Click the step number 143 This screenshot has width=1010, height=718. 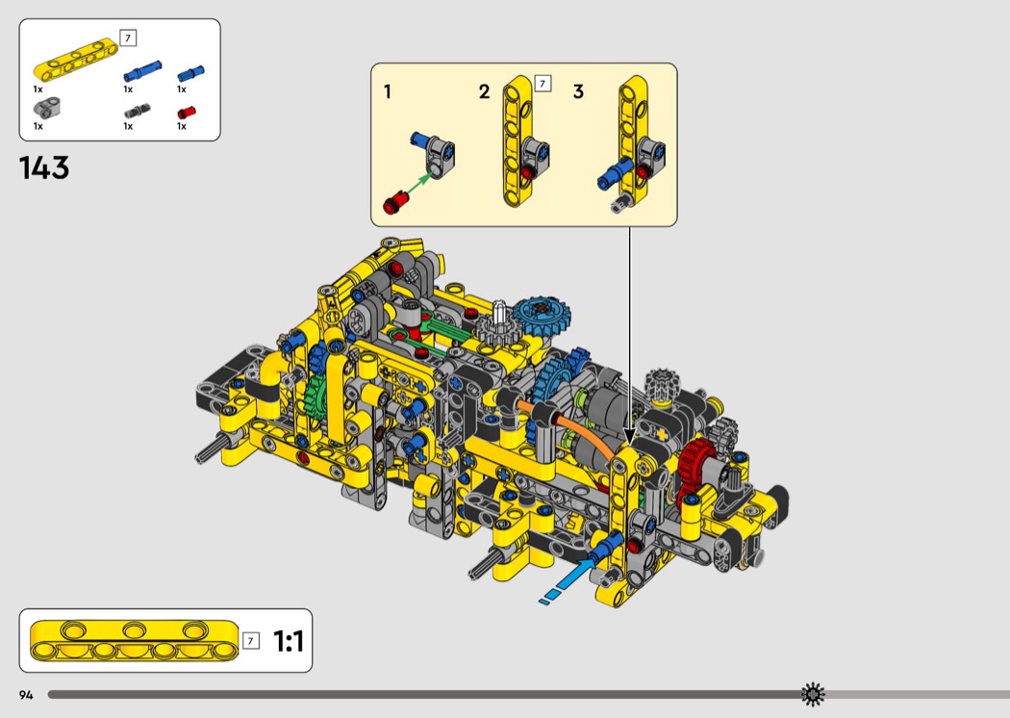point(44,167)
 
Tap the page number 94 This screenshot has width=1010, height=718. point(26,695)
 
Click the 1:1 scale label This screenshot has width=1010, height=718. point(288,641)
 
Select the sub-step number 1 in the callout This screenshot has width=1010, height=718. point(387,92)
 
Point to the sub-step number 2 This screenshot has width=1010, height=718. point(485,92)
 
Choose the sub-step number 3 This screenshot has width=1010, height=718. point(578,92)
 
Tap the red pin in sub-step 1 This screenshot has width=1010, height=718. point(394,202)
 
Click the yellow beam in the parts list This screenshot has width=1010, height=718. point(76,60)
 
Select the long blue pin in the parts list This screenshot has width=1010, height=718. point(142,71)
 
